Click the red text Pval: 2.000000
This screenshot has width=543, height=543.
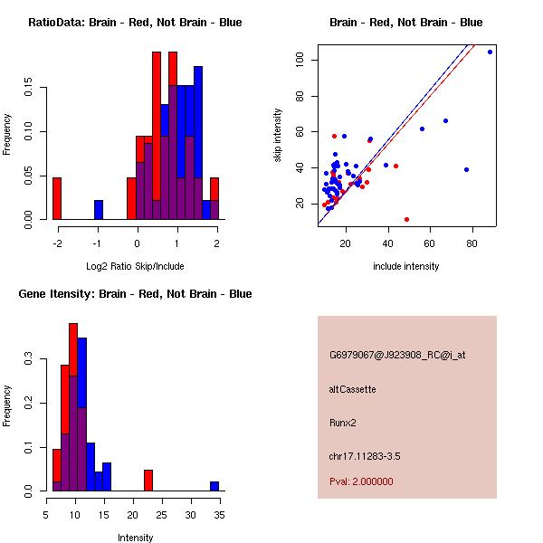coord(361,481)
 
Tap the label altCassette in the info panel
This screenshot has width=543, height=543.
coord(352,389)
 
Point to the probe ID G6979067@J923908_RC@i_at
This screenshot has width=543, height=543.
coord(397,356)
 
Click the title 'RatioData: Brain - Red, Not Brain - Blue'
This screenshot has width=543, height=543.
coord(135,23)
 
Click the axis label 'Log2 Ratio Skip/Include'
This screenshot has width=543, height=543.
coord(135,266)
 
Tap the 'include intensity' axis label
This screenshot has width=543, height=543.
coord(406,266)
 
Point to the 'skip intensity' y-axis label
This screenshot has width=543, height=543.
coord(278,136)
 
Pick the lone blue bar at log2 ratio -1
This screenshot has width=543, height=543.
coord(99,210)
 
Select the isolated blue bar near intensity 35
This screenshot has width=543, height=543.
coord(214,486)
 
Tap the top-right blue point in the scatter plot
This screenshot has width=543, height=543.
coord(490,52)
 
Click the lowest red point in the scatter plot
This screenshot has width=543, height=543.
coord(406,219)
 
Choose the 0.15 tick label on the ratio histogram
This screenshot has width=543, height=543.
coord(29,90)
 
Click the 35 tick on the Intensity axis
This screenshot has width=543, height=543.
coord(219,514)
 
